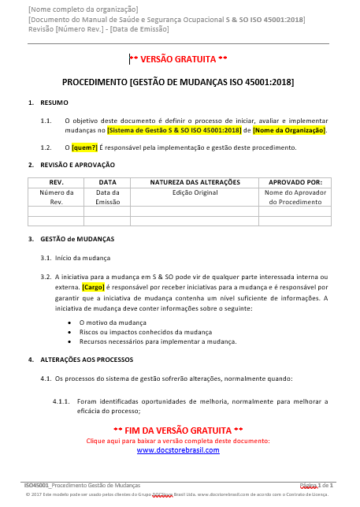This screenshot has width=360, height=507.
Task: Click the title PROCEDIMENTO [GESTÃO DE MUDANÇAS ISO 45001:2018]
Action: [178, 82]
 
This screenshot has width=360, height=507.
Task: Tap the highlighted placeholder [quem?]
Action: [84, 147]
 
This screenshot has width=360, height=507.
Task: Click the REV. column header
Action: [50, 182]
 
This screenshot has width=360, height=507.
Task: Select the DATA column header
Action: [107, 182]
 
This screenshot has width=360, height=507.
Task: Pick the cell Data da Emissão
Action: [107, 197]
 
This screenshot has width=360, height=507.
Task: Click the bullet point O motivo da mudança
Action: [113, 323]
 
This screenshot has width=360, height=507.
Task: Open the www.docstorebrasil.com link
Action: [178, 450]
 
